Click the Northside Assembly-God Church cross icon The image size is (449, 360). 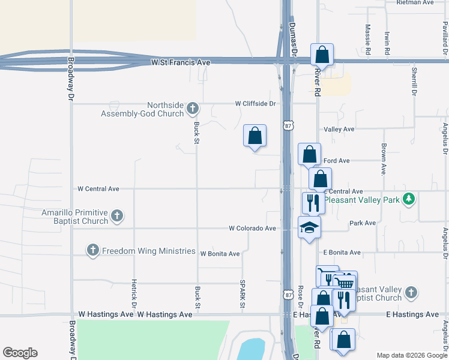pyautogui.click(x=192, y=109)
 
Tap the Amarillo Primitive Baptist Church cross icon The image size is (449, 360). pyautogui.click(x=117, y=215)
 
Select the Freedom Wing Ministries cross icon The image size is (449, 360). pyautogui.click(x=92, y=250)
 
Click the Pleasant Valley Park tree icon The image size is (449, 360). pyautogui.click(x=409, y=198)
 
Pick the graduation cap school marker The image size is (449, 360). pyautogui.click(x=310, y=227)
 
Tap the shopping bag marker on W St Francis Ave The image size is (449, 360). pyautogui.click(x=322, y=55)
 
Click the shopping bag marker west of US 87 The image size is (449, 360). pyautogui.click(x=255, y=136)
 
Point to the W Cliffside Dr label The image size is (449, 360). pyautogui.click(x=255, y=103)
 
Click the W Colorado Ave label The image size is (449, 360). pyautogui.click(x=252, y=228)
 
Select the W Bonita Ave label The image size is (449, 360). pyautogui.click(x=220, y=254)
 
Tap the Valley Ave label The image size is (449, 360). pyautogui.click(x=339, y=129)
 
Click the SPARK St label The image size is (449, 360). pyautogui.click(x=243, y=295)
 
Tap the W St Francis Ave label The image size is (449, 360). pyautogui.click(x=181, y=62)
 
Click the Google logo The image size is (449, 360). pyautogui.click(x=20, y=353)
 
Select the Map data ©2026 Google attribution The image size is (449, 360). pyautogui.click(x=412, y=355)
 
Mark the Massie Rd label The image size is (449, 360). pyautogui.click(x=368, y=40)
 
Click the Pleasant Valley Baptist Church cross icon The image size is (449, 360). pyautogui.click(x=411, y=292)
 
